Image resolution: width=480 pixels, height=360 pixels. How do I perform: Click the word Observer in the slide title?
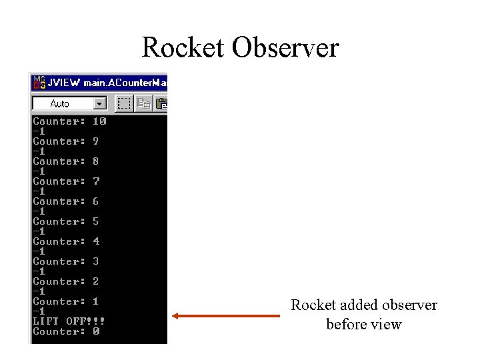285,48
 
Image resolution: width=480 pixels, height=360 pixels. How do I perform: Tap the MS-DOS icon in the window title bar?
39,83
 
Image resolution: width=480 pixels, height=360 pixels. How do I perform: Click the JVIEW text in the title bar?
65,83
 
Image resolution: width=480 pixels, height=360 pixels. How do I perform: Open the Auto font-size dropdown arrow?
100,103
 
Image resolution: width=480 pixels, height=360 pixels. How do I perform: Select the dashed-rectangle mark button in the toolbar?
124,103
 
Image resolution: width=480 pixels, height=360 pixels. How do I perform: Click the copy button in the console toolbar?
143,103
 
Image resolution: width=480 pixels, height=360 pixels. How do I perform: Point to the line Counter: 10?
69,121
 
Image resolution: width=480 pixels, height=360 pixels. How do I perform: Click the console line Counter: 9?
66,141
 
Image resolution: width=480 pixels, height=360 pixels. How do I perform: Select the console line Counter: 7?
66,181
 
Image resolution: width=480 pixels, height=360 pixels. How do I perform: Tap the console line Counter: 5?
66,221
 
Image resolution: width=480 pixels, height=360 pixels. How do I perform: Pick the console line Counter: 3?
66,261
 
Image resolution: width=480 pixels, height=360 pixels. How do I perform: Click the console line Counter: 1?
66,301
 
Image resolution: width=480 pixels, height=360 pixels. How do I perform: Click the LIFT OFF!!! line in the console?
69,321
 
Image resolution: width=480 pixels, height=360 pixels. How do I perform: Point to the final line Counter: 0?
66,331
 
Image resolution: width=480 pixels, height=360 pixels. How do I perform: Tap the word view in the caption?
387,325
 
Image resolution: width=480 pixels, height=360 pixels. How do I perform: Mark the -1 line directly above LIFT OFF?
39,311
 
